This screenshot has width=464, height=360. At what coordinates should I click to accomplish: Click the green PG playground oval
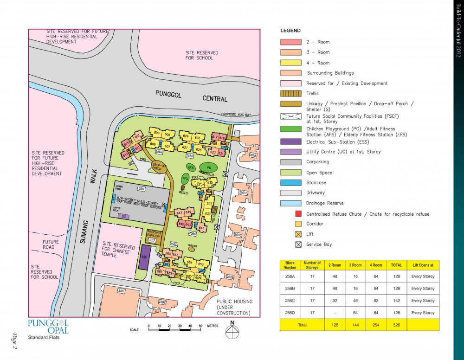tap(209, 167)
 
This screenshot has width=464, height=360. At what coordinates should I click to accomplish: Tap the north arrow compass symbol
tap(232, 331)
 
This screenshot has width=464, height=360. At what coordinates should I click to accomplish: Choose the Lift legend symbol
tap(298, 234)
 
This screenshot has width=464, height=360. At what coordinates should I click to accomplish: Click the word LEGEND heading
tap(290, 31)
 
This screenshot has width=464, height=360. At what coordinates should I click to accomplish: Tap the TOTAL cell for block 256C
tap(396, 301)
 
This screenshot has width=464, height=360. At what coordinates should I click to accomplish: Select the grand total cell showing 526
tap(396, 325)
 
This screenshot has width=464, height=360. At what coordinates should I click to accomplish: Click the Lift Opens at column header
tap(423, 265)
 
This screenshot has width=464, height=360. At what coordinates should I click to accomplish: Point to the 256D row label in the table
tap(290, 313)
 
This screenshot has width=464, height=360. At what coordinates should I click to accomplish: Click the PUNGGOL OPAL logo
tap(48, 326)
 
